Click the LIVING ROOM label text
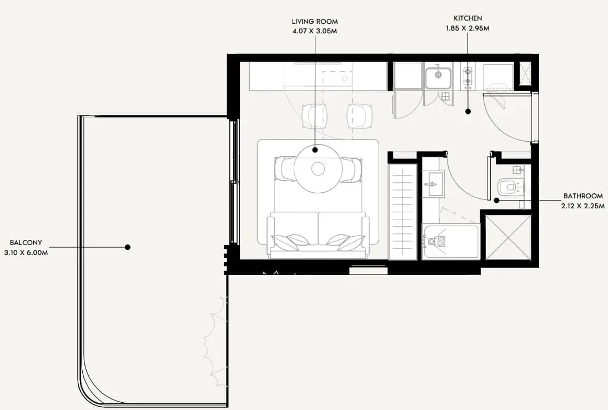pyautogui.click(x=314, y=22)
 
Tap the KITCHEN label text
pyautogui.click(x=468, y=18)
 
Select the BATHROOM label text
pyautogui.click(x=583, y=196)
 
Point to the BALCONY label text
pyautogui.click(x=26, y=243)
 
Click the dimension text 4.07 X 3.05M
pyautogui.click(x=314, y=32)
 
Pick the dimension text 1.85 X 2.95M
pyautogui.click(x=468, y=28)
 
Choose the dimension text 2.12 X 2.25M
pyautogui.click(x=583, y=206)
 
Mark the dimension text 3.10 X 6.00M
pyautogui.click(x=26, y=253)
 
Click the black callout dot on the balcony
pyautogui.click(x=128, y=247)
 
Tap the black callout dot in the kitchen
pyautogui.click(x=468, y=111)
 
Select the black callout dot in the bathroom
pyautogui.click(x=496, y=201)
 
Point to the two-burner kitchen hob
pyautogui.click(x=468, y=77)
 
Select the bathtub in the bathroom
pyautogui.click(x=450, y=241)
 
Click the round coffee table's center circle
pyautogui.click(x=318, y=169)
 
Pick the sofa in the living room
pyautogui.click(x=318, y=234)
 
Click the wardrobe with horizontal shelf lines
pyautogui.click(x=403, y=212)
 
